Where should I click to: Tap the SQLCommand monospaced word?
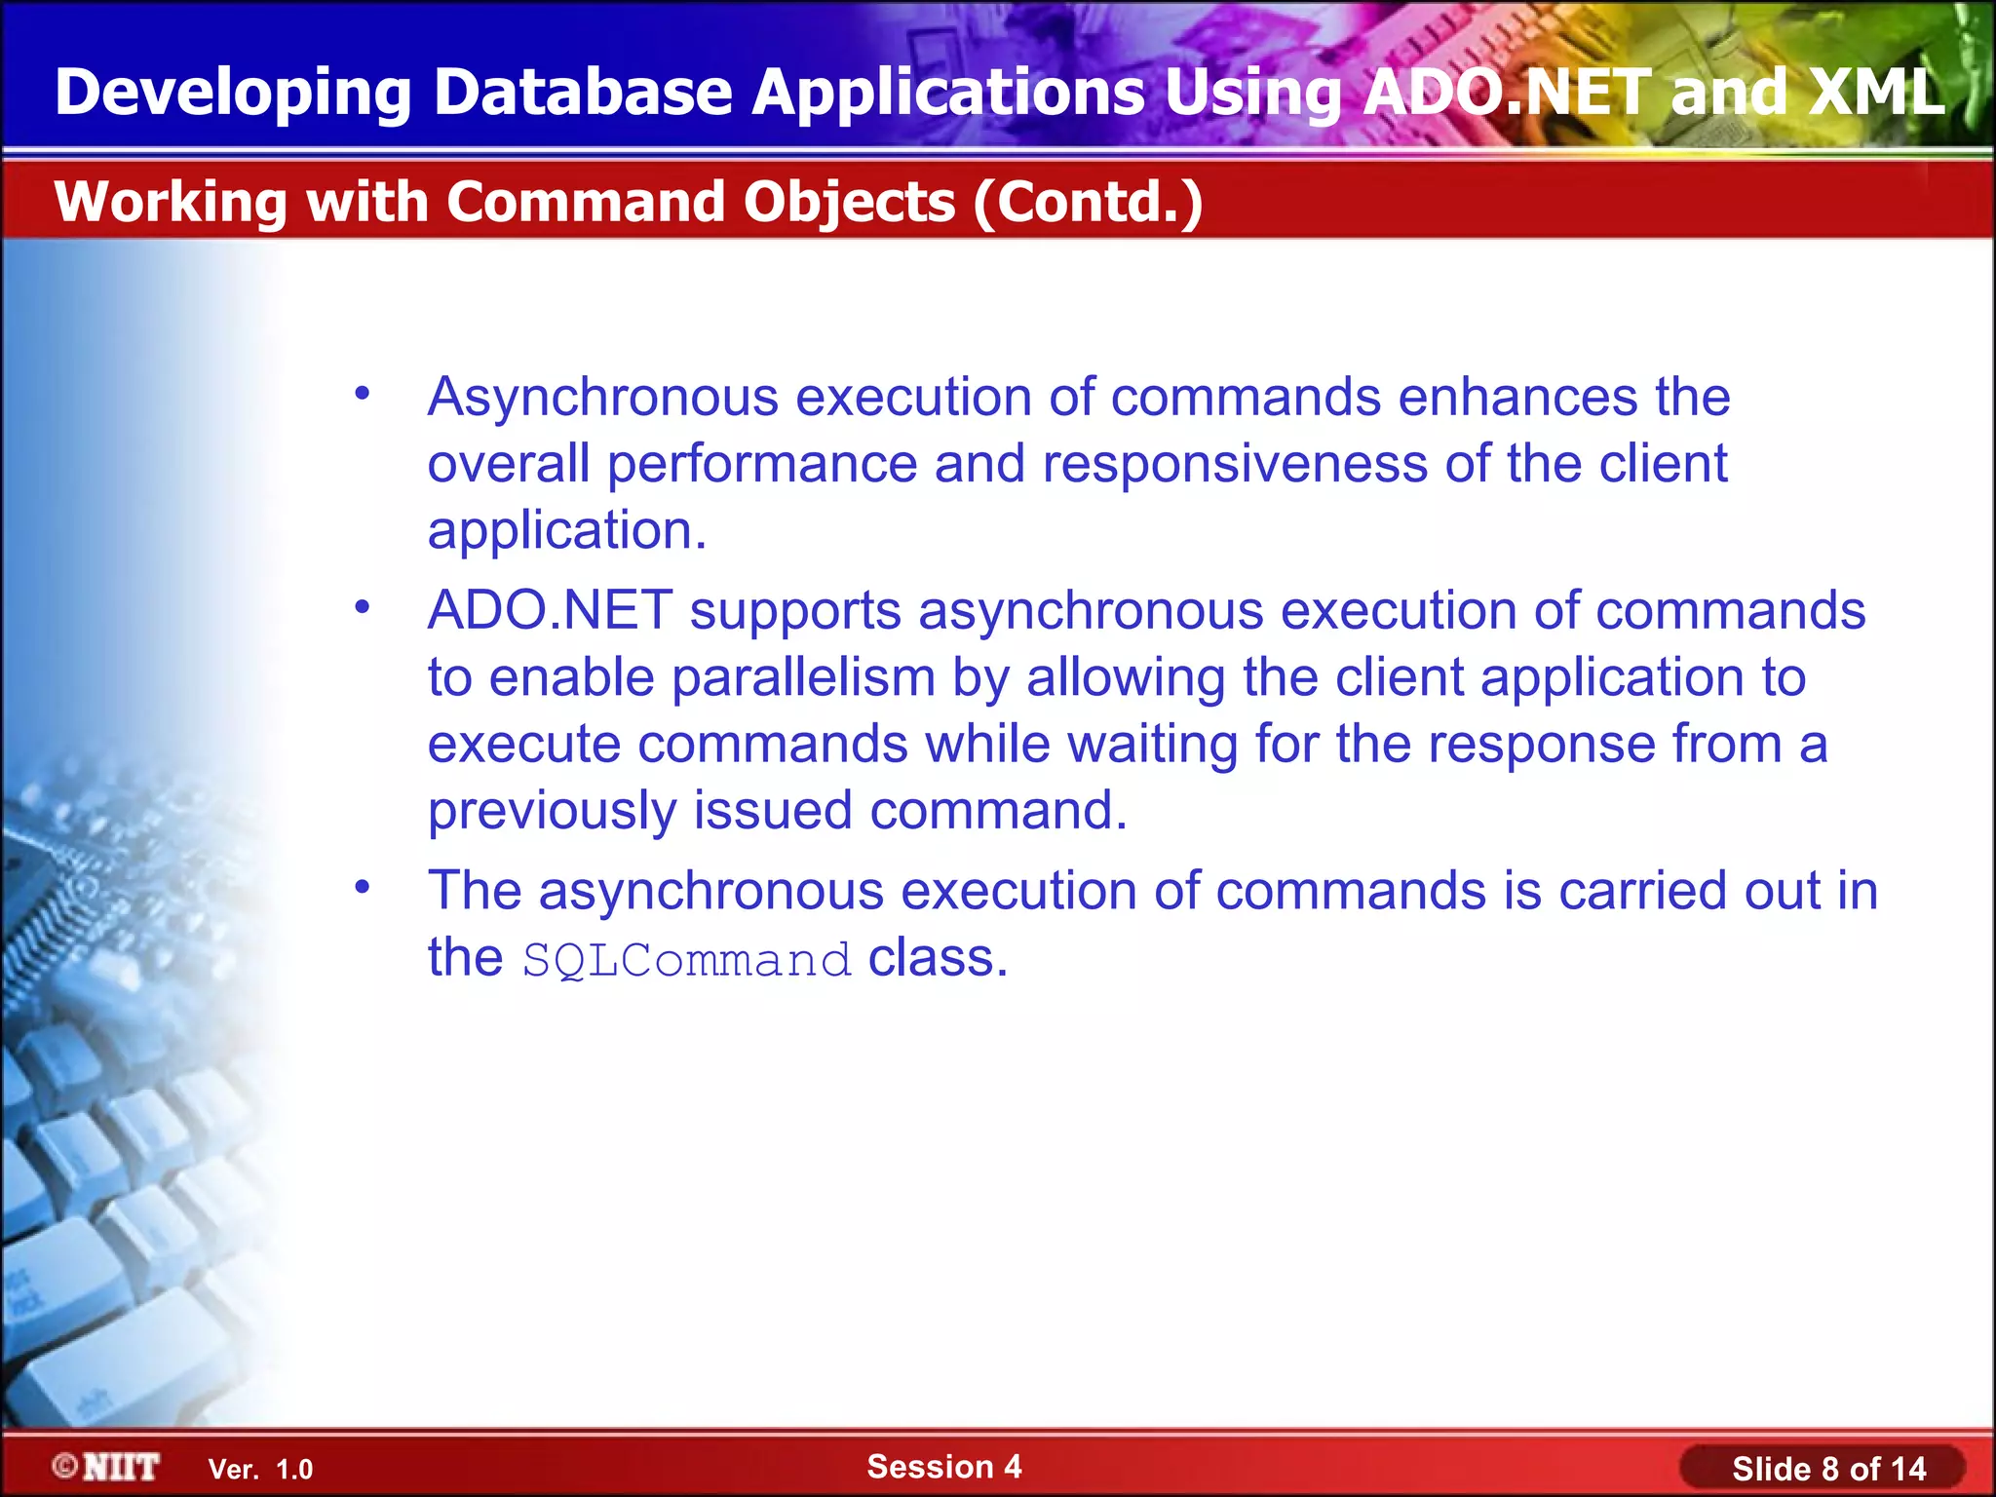point(687,961)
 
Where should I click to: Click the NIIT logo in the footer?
point(106,1467)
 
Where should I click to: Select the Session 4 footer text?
point(943,1466)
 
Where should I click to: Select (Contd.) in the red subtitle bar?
point(1088,203)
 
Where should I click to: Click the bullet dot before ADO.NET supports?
point(363,608)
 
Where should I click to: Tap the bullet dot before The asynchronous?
point(363,888)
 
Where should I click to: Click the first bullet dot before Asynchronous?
point(363,395)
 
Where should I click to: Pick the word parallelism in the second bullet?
point(803,678)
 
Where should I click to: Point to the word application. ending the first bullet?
point(567,531)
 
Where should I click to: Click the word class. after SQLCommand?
point(938,958)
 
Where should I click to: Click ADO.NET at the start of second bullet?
point(550,611)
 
